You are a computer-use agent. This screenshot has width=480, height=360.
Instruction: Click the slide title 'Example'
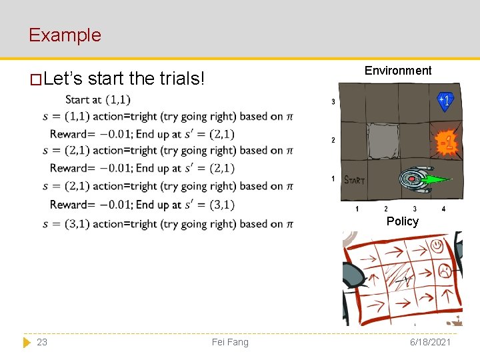click(65, 35)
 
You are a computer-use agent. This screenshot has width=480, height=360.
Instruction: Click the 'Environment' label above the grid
click(398, 71)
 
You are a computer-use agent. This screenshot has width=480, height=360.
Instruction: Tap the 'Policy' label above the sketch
click(402, 221)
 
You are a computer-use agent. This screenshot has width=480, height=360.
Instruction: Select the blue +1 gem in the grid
click(445, 101)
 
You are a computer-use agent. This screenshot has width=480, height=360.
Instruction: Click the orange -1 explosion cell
click(446, 142)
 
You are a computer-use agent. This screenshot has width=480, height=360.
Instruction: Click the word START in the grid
click(354, 179)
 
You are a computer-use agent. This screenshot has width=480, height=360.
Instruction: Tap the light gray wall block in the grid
click(383, 141)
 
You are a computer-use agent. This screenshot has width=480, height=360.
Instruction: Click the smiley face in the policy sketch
click(437, 247)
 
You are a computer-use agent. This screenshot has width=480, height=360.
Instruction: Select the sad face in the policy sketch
click(443, 271)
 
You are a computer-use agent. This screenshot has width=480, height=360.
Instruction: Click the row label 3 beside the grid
click(333, 102)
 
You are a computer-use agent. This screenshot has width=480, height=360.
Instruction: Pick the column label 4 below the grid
click(443, 209)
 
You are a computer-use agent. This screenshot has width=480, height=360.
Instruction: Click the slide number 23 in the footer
click(42, 342)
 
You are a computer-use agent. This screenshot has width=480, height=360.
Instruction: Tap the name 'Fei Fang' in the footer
click(230, 342)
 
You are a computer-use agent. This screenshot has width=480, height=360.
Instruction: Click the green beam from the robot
click(437, 179)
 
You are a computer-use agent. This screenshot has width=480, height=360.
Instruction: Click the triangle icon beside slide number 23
click(27, 342)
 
